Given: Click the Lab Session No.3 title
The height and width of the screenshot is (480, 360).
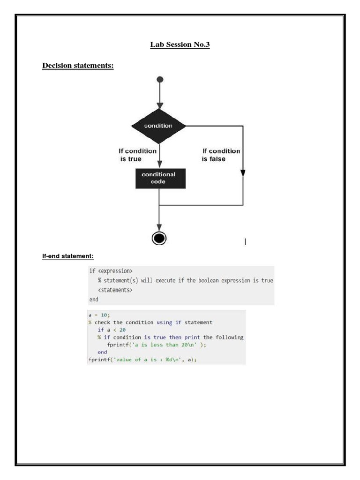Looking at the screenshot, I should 180,45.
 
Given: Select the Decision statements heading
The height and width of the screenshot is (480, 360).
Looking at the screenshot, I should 78,66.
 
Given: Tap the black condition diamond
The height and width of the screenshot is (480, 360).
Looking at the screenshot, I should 159,126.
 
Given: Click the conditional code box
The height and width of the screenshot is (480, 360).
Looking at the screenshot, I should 160,178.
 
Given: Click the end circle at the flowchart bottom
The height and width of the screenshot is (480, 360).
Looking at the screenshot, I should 159,238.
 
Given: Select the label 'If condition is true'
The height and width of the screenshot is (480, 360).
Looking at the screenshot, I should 137,155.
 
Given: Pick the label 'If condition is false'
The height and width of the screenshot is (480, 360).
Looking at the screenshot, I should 221,155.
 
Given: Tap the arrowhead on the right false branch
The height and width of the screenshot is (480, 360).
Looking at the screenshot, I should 243,172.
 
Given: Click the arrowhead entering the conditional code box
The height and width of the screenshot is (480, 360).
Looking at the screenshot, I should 160,164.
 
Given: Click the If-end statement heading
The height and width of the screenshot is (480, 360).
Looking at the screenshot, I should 68,256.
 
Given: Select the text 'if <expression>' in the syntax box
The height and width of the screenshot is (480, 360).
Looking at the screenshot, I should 111,271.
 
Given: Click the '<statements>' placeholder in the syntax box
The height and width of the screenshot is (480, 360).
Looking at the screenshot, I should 115,290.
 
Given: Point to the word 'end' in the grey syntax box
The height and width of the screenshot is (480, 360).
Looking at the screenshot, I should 94,299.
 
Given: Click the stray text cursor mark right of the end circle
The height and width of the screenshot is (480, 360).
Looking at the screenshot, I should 246,242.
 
